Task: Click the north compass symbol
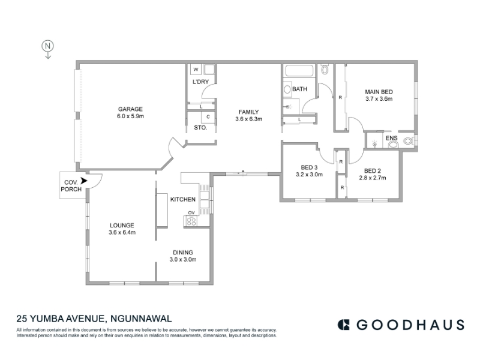click(48, 49)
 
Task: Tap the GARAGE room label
click(130, 109)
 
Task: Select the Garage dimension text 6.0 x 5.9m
click(130, 116)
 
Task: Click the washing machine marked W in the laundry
click(196, 69)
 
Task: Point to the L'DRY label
click(200, 82)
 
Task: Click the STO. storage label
click(200, 128)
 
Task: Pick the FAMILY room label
click(248, 112)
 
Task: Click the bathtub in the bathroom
click(299, 70)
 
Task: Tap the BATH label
click(299, 89)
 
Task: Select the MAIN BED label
click(379, 92)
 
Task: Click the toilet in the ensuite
click(409, 141)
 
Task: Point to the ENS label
click(392, 139)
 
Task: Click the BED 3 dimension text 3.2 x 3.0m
click(309, 175)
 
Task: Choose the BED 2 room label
click(373, 171)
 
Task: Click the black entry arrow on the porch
click(84, 181)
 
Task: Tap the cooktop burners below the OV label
click(191, 221)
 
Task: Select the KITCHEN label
click(183, 200)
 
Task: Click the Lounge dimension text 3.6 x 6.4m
click(122, 233)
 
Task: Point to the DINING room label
click(183, 253)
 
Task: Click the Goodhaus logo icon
click(343, 325)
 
